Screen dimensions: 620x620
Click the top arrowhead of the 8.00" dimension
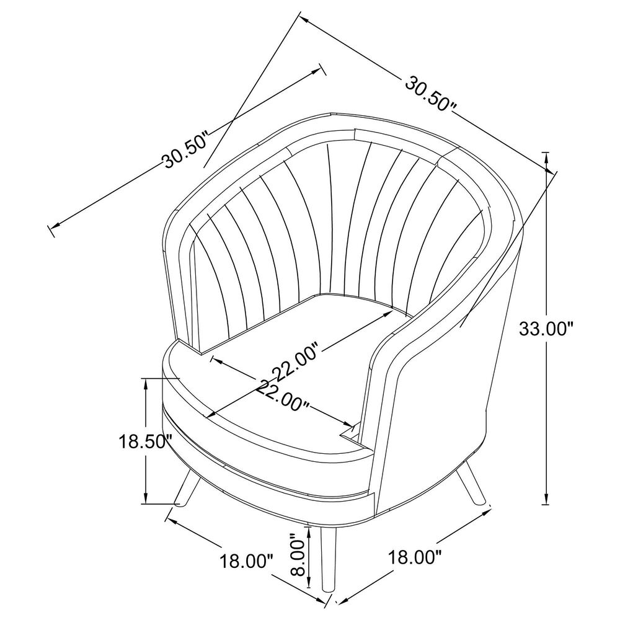(308, 532)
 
